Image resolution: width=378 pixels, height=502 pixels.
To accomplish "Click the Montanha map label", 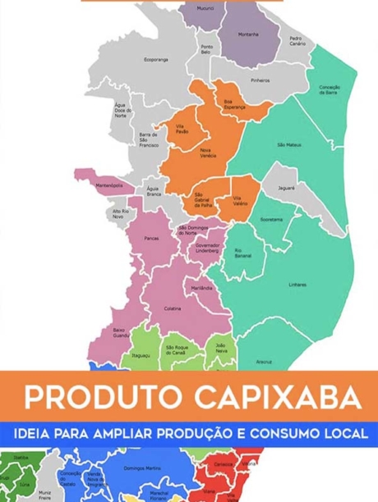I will coord(247,34).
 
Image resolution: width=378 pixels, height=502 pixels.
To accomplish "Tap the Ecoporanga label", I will coord(155,60).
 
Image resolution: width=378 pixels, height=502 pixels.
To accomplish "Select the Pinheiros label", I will coord(260,80).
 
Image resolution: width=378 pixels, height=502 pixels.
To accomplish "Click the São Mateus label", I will coord(288,144).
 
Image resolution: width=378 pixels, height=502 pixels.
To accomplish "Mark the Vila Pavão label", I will coord(182,130).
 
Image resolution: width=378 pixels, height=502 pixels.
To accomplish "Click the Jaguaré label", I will coord(286,188).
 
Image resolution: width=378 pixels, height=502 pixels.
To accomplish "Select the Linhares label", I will coord(297,285).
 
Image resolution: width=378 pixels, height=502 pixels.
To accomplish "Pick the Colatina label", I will coord(173,308).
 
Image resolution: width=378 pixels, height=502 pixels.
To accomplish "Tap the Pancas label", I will coord(151,240).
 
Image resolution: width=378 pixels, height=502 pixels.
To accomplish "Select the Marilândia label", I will coord(201,289).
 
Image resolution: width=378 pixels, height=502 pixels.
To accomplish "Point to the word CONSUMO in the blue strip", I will coord(285,431).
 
